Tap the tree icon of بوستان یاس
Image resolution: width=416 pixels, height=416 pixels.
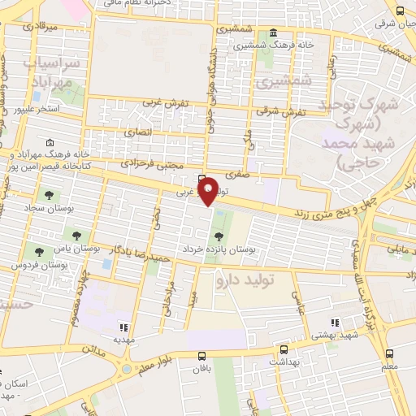[76, 236]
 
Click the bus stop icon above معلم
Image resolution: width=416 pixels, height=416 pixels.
[391, 354]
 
